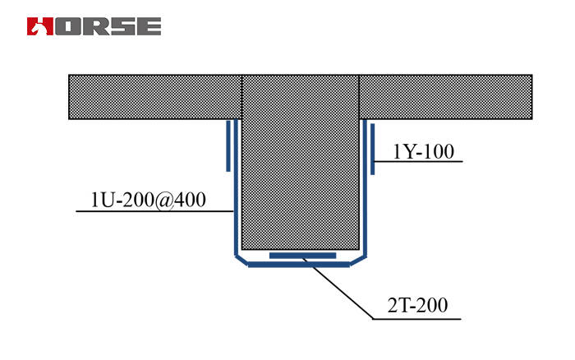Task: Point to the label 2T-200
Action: pyautogui.click(x=417, y=307)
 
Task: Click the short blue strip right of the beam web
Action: pyautogui.click(x=372, y=149)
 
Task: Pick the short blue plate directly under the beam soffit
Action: pyautogui.click(x=302, y=256)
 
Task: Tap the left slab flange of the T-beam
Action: pyautogui.click(x=154, y=97)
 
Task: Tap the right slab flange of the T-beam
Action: pyautogui.click(x=445, y=97)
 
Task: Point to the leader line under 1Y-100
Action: pyautogui.click(x=419, y=161)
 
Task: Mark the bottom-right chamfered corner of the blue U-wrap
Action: pyautogui.click(x=360, y=260)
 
